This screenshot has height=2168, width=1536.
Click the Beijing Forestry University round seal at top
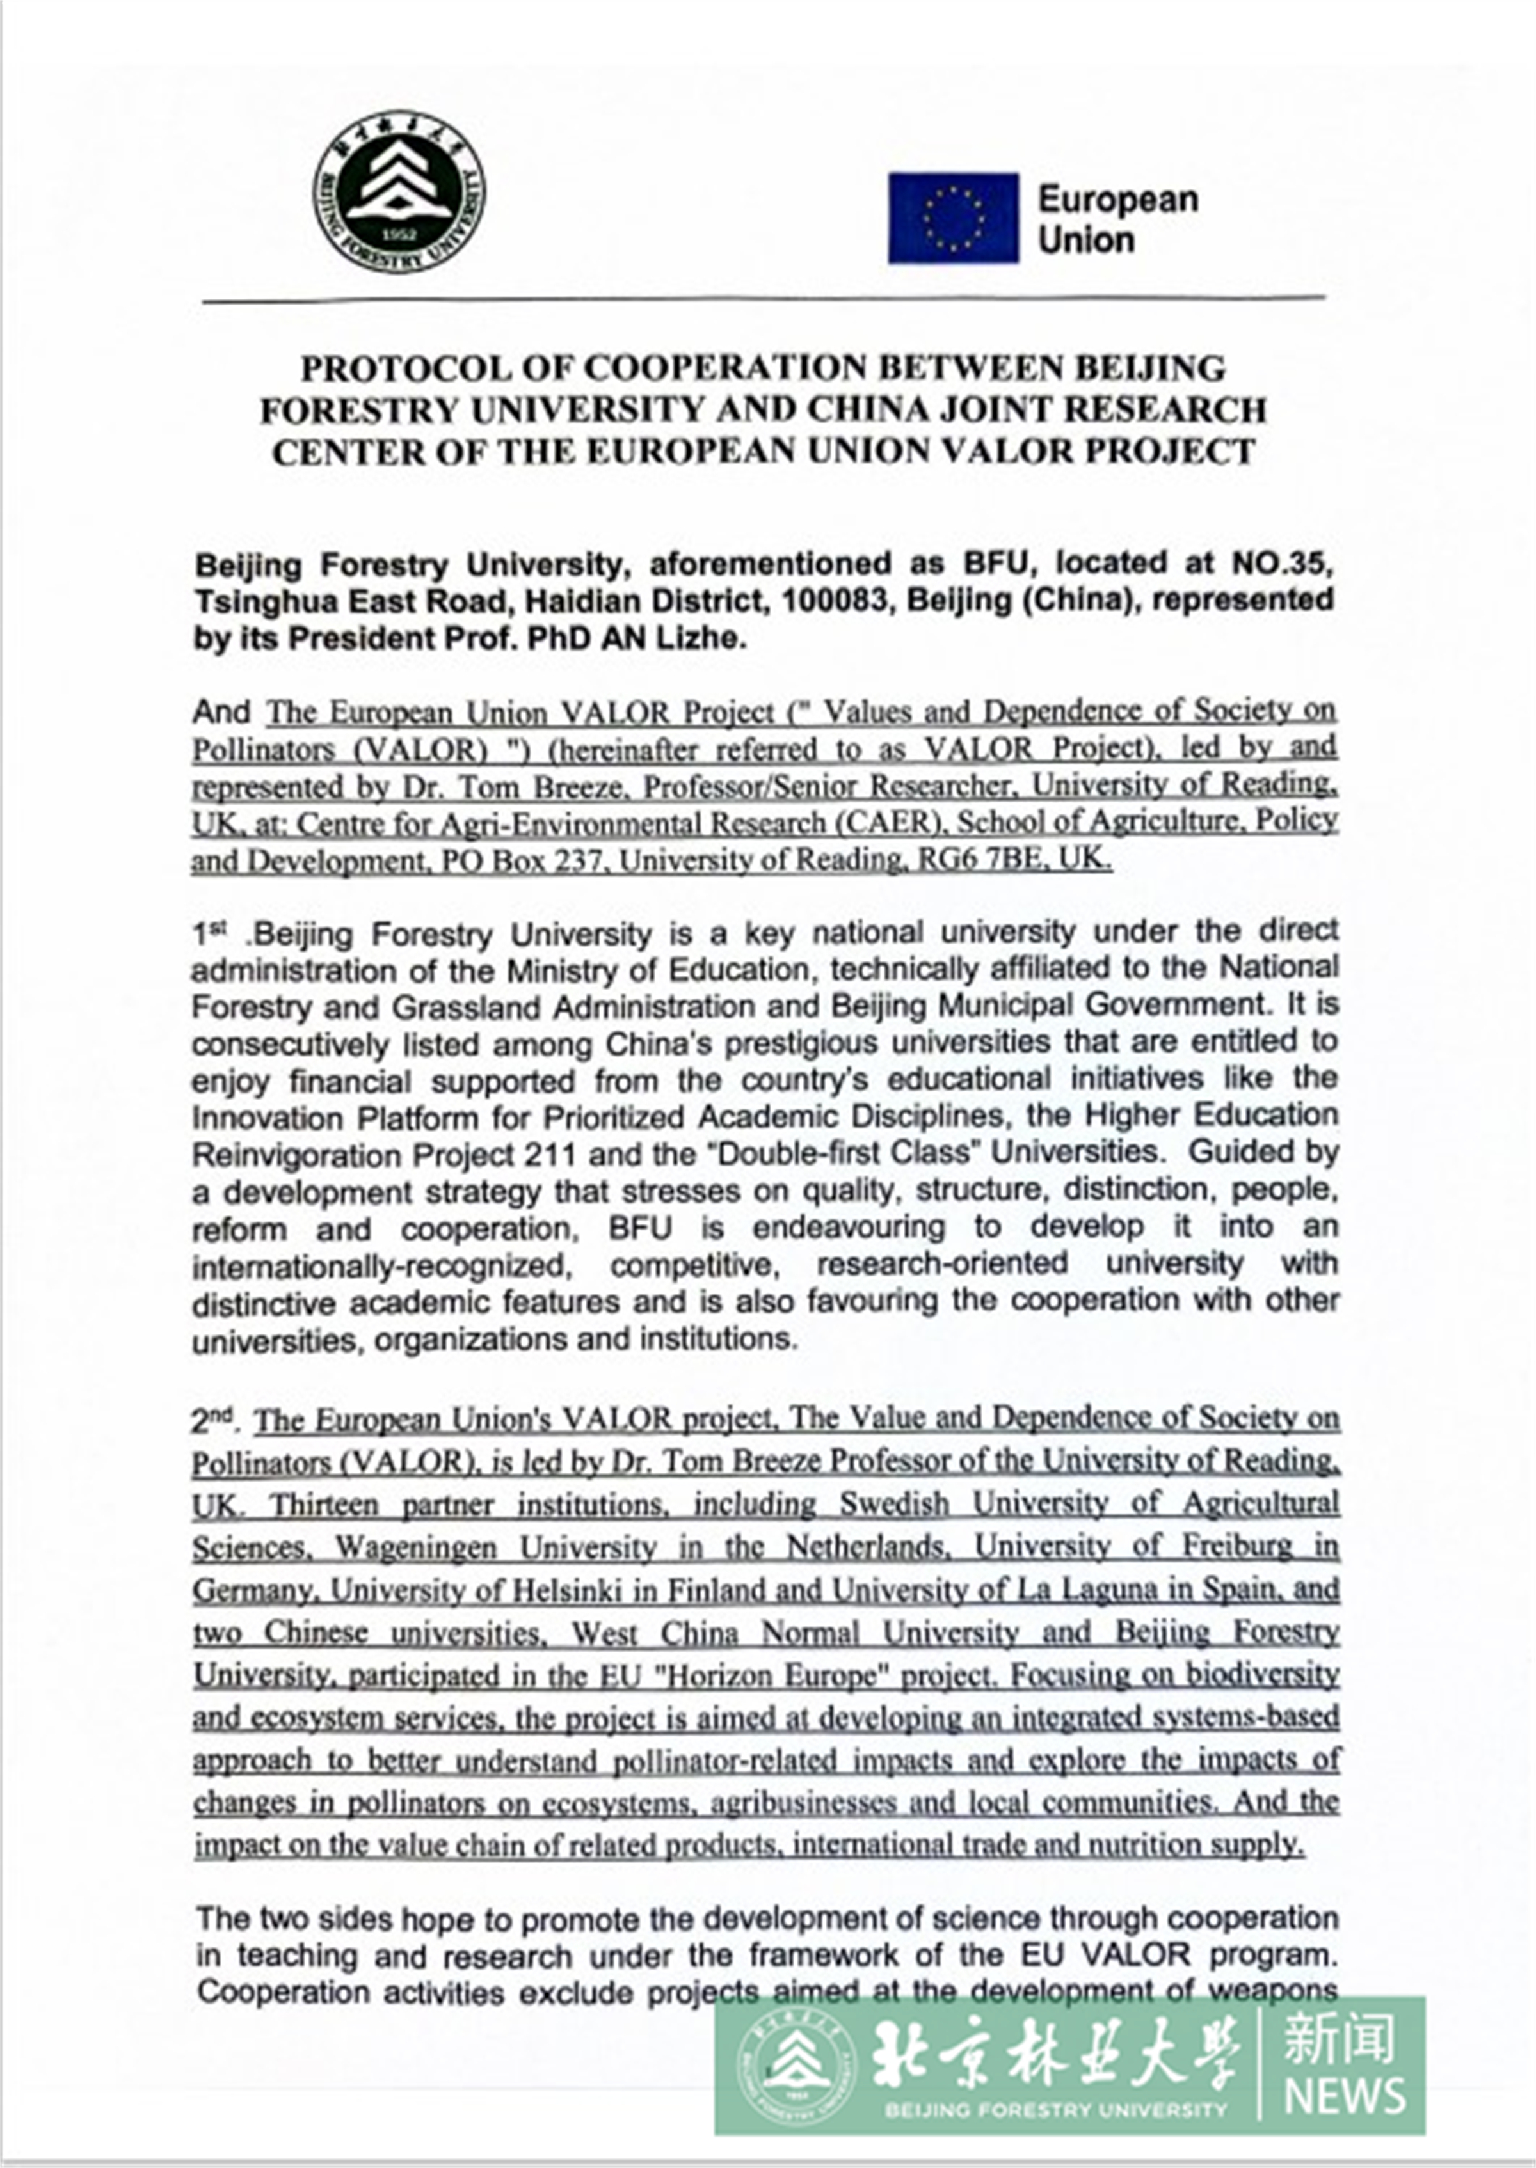(x=399, y=193)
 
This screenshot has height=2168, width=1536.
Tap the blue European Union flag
(x=952, y=218)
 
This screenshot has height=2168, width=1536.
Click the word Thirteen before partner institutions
(x=323, y=1504)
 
